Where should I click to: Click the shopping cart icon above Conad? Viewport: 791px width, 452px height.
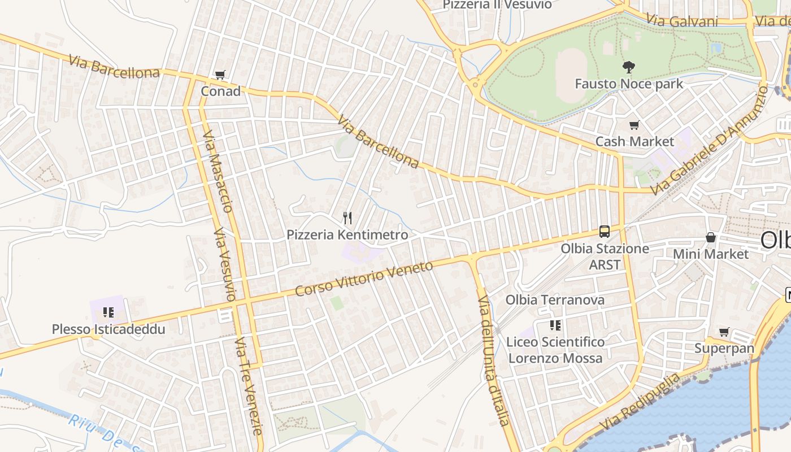point(220,75)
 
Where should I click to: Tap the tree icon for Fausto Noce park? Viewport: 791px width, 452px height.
point(628,68)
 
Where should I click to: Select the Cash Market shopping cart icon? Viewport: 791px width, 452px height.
point(634,125)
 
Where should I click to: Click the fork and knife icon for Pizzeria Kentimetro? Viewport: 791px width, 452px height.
point(347,218)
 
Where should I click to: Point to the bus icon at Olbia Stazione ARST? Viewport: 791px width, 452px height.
point(605,231)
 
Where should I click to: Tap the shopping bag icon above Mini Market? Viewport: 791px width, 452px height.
point(710,238)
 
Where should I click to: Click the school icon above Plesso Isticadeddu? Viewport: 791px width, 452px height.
point(108,312)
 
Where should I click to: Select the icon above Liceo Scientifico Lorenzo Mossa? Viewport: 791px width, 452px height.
point(555,325)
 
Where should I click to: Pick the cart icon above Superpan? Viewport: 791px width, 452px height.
point(724,332)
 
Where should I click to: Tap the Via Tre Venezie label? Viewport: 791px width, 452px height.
point(250,386)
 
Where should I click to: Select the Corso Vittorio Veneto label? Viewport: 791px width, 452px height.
point(364,279)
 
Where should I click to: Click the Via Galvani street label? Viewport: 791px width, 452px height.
point(682,21)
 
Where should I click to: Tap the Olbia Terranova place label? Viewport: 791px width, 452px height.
point(555,299)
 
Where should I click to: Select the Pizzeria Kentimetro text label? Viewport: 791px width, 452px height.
point(347,234)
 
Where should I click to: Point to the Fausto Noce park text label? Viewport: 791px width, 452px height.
point(629,84)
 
